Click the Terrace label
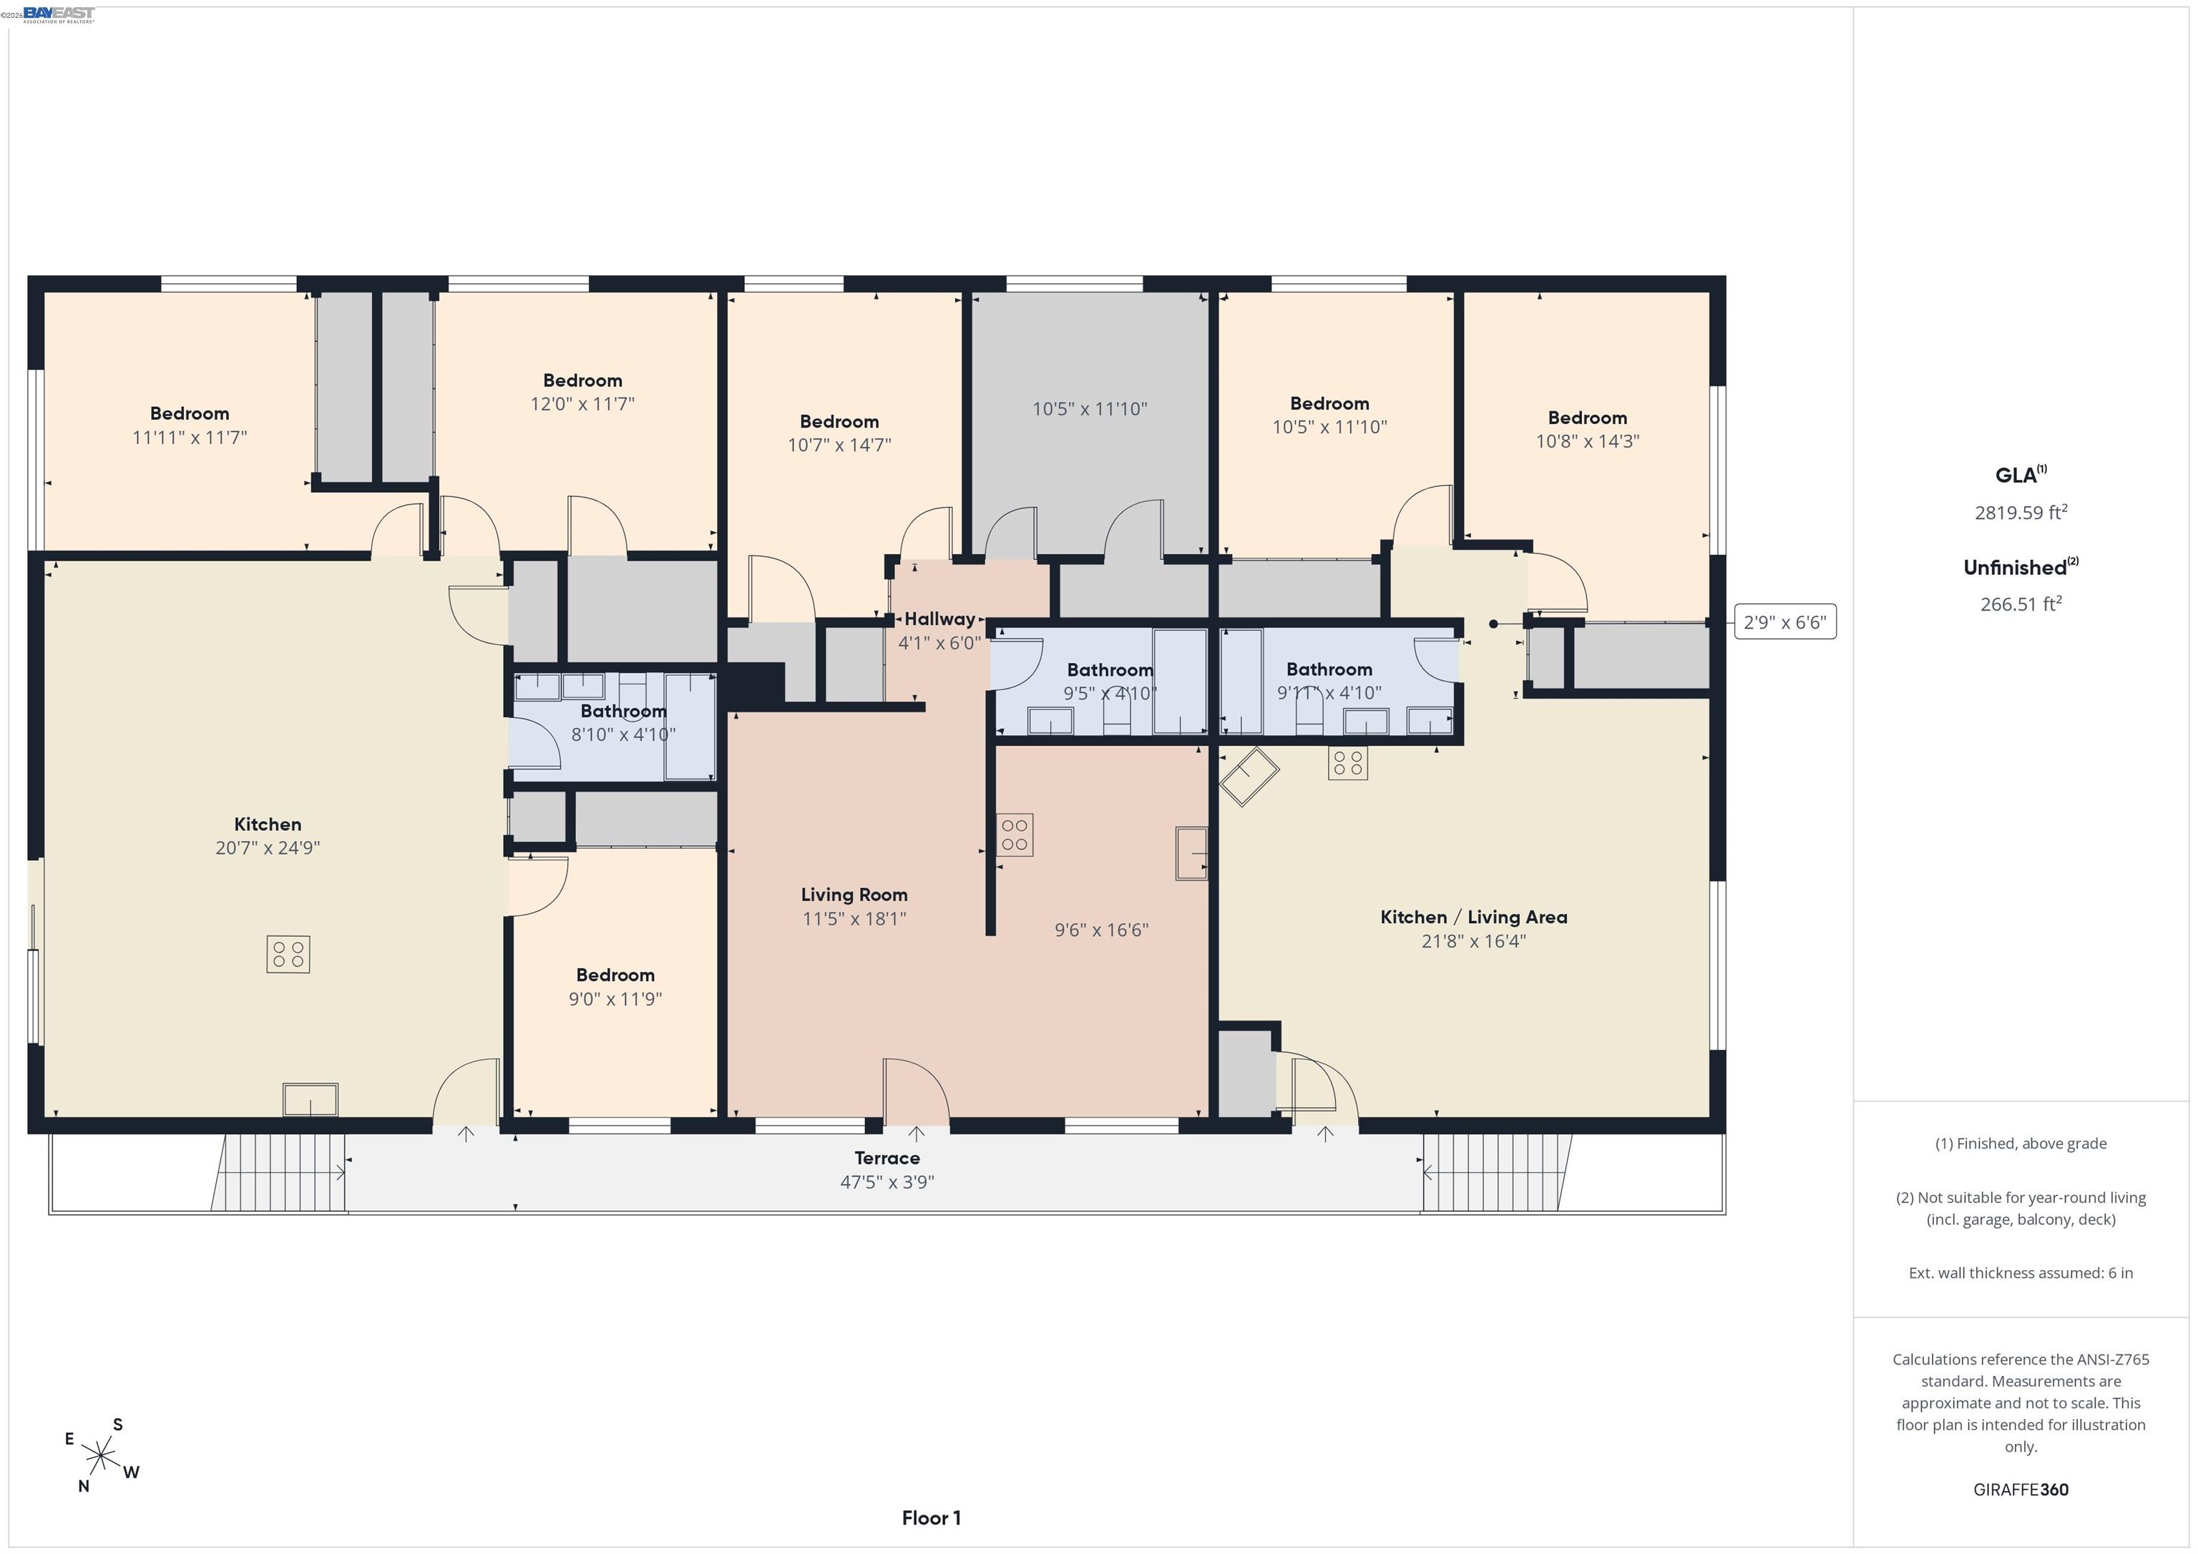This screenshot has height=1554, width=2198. (x=886, y=1158)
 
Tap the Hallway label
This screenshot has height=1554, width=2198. (x=939, y=619)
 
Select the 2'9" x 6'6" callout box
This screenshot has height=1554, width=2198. (x=1784, y=622)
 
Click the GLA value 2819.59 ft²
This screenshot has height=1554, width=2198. (x=2020, y=512)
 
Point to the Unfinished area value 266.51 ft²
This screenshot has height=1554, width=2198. (x=2020, y=604)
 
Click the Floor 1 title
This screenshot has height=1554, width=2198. (x=931, y=1518)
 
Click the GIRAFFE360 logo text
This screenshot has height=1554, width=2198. (x=2020, y=1489)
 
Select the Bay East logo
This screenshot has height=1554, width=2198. (x=59, y=14)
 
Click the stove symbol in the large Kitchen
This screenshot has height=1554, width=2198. (x=288, y=954)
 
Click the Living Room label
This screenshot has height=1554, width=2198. (x=854, y=895)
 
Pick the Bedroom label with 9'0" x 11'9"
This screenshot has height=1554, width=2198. (x=615, y=975)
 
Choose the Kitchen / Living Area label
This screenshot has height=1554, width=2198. (x=1473, y=917)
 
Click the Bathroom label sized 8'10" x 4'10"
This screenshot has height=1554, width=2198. (x=623, y=711)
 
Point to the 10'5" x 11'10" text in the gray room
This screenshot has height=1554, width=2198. (x=1090, y=408)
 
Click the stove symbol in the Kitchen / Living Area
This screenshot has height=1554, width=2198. (x=1348, y=762)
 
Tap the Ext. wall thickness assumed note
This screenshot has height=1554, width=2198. (x=2020, y=1273)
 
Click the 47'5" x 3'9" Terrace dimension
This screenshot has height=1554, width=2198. (x=886, y=1181)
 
